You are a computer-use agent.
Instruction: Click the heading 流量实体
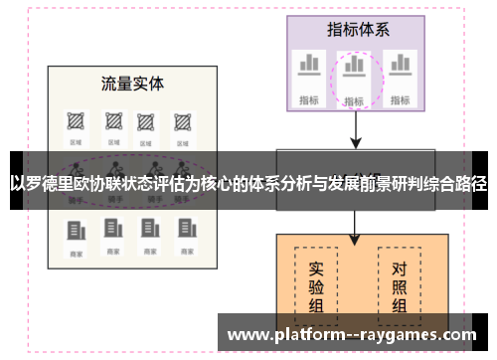(x=132, y=83)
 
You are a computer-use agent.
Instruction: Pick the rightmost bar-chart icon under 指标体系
(x=400, y=66)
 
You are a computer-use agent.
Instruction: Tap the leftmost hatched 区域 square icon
(x=76, y=121)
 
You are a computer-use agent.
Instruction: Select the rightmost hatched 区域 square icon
(x=182, y=121)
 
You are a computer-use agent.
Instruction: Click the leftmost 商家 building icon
(x=76, y=232)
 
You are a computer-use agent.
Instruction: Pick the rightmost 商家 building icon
(x=182, y=232)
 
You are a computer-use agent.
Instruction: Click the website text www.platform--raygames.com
(x=353, y=335)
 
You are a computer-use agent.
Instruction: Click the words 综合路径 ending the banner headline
(x=453, y=184)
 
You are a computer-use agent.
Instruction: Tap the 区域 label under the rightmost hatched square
(x=182, y=142)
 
